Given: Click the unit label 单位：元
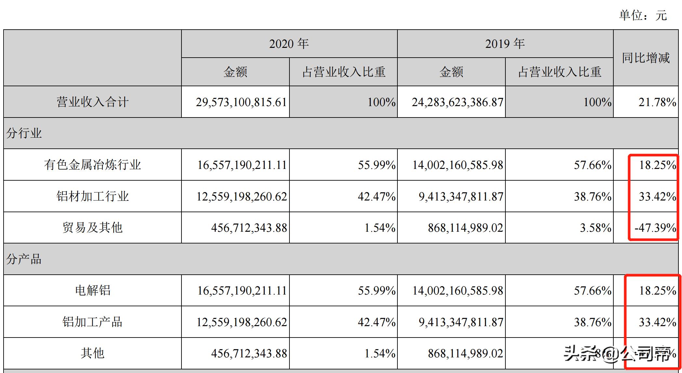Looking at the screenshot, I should (643, 15).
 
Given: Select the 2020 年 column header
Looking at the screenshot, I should (289, 44).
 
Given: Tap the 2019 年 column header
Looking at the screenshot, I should (505, 44).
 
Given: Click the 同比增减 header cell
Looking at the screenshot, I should (646, 58).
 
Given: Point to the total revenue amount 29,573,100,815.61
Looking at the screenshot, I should (241, 102).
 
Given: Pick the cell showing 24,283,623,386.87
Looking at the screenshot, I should (457, 102).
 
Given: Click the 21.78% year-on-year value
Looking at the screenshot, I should (657, 102).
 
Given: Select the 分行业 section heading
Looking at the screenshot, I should (24, 133).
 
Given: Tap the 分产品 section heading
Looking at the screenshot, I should (24, 259).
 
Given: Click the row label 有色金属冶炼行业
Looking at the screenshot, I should (92, 165).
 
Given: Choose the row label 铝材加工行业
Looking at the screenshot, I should (92, 196).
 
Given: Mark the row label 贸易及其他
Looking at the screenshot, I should (92, 228).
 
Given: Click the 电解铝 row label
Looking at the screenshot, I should (92, 290).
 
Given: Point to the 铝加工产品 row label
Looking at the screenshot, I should (92, 322).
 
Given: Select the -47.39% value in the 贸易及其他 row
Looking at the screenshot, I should (655, 228).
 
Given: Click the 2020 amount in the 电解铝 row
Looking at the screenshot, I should (242, 290).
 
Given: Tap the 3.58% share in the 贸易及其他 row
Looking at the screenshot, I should (595, 228).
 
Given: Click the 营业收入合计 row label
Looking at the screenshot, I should (92, 102).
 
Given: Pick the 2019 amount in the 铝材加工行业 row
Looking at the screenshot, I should (461, 196).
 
